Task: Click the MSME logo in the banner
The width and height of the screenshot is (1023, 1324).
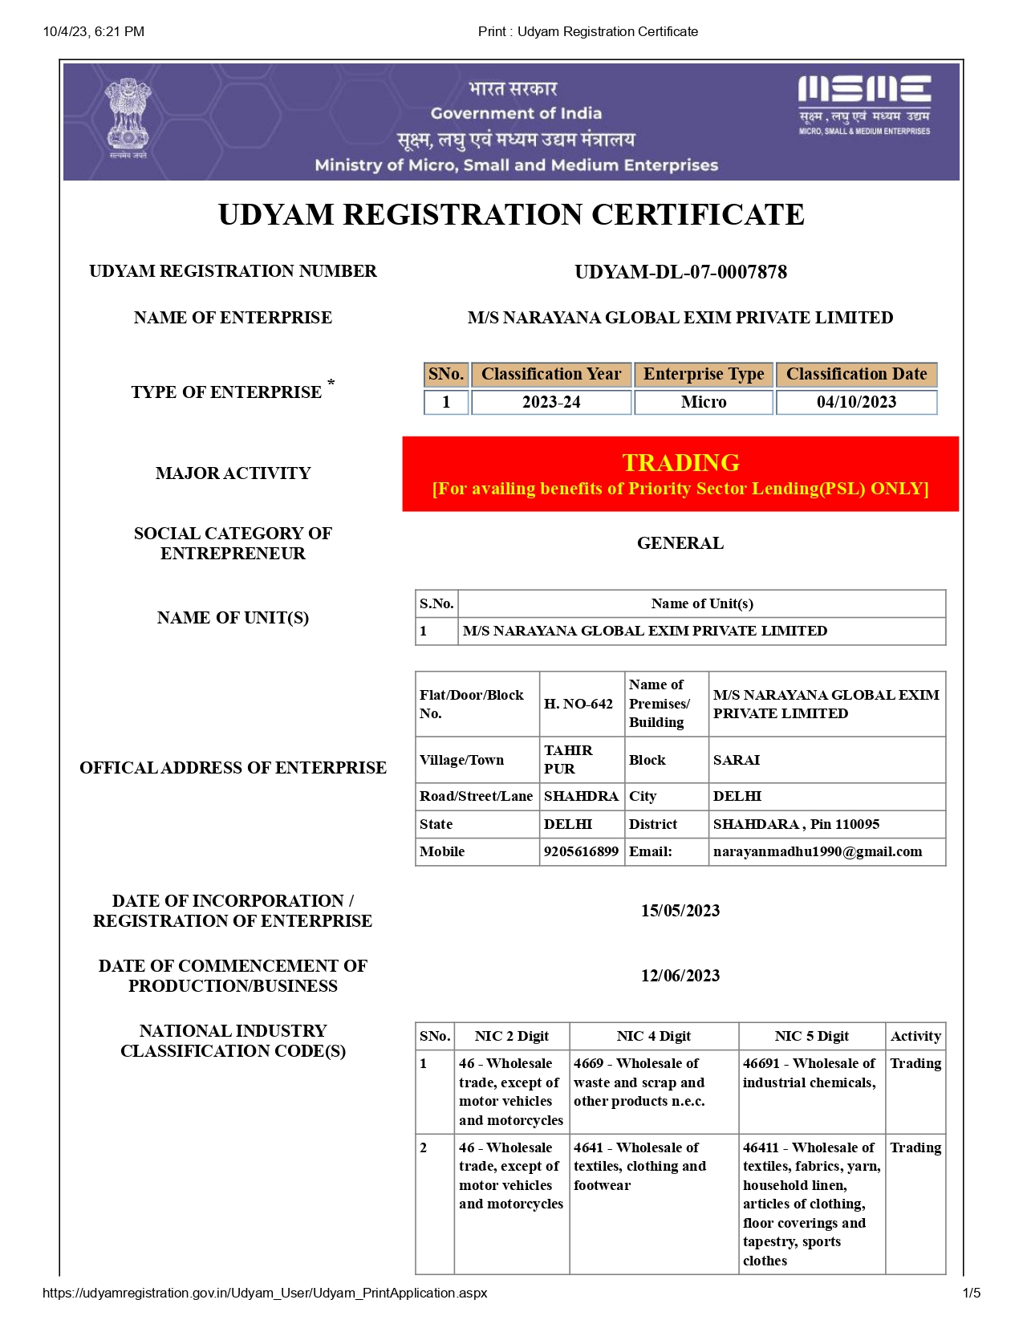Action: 864,104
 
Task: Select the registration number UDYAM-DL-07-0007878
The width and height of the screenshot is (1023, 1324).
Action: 680,272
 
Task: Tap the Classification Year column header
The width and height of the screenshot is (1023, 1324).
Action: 551,374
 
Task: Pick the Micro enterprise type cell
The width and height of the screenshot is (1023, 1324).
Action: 704,402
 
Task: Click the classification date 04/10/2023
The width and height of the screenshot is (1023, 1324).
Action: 856,402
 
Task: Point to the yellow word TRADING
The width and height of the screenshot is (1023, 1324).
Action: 680,462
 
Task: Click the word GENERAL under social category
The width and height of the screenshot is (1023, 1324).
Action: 680,543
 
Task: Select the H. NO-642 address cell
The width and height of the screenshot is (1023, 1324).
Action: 578,704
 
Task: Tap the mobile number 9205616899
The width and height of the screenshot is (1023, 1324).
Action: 581,851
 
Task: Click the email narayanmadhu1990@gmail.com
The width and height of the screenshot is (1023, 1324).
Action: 818,851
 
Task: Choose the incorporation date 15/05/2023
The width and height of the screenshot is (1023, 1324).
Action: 680,911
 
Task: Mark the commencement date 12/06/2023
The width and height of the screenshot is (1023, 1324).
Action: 680,976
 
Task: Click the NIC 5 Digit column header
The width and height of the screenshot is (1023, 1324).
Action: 811,1036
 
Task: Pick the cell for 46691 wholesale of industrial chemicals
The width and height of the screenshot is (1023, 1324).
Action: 810,1074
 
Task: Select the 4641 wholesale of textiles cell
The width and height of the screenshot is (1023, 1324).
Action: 640,1167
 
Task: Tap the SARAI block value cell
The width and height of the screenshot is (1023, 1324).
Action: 737,760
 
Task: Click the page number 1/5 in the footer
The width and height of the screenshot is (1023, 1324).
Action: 971,1293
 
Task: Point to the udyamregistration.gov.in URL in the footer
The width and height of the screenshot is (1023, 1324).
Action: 265,1293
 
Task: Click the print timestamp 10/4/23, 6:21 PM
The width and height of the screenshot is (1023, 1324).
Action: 94,31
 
